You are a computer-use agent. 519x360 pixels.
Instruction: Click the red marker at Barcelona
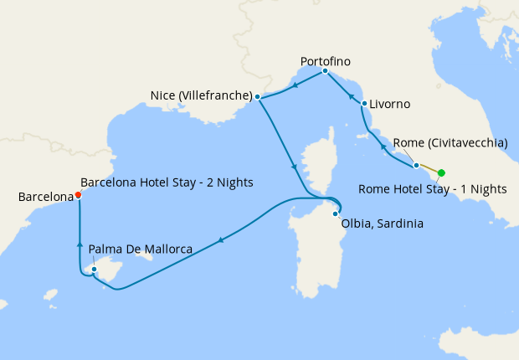click(78, 194)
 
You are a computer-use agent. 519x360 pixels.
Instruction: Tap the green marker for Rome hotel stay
click(441, 173)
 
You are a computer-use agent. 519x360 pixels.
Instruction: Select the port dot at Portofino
click(325, 71)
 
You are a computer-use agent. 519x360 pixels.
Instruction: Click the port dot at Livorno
click(364, 104)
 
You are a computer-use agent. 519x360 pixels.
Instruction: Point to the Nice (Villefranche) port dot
click(258, 97)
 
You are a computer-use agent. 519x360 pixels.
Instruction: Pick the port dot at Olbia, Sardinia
click(335, 214)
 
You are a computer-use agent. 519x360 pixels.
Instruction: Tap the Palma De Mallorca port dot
click(94, 269)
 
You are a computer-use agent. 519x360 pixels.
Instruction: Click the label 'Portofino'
click(325, 61)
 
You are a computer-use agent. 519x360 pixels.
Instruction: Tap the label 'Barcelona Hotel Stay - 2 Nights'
click(167, 182)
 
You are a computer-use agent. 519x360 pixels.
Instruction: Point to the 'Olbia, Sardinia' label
click(383, 224)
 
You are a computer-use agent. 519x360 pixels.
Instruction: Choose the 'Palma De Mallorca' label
click(141, 249)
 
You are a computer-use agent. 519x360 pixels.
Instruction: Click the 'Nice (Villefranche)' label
click(202, 96)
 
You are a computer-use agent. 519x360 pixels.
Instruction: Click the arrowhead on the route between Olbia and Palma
click(220, 240)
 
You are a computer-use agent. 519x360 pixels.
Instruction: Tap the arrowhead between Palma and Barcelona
click(80, 244)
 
